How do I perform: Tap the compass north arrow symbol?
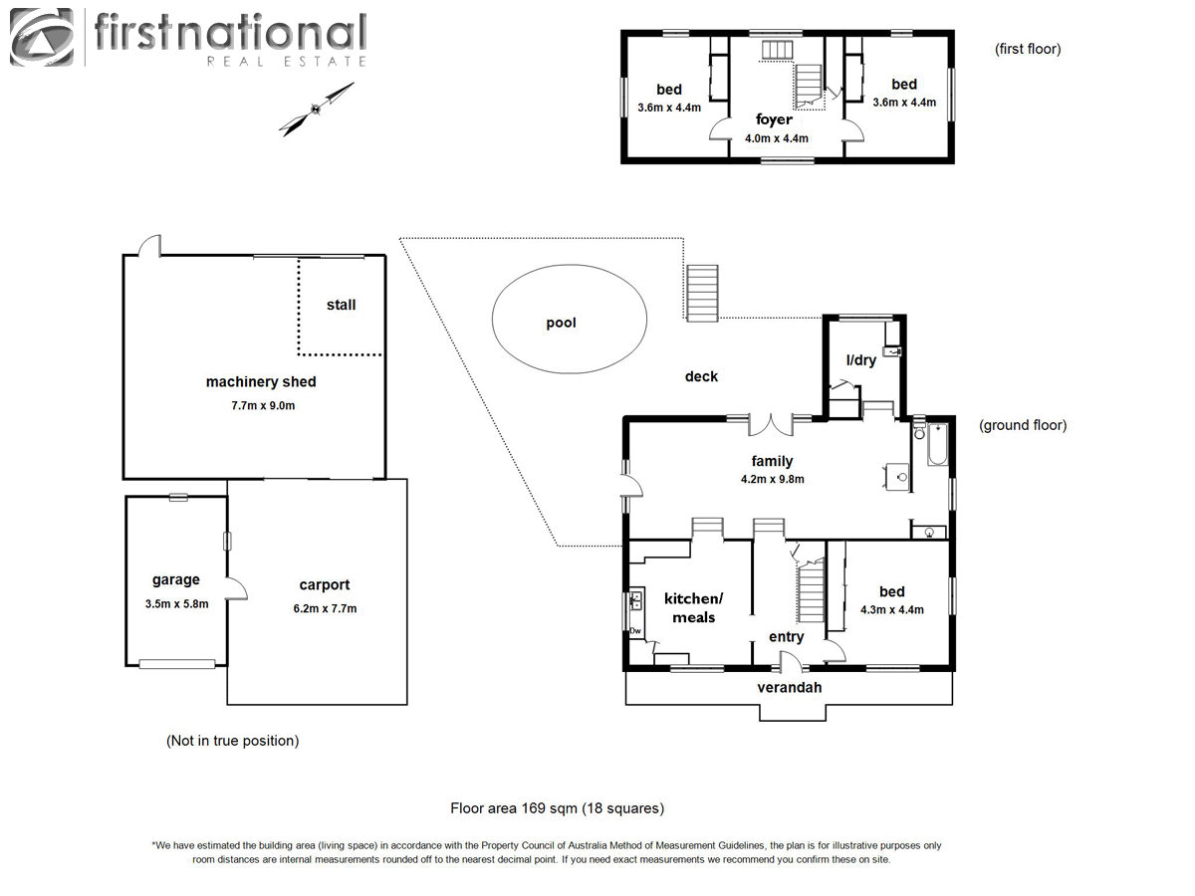point(317,109)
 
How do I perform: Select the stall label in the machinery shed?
point(341,305)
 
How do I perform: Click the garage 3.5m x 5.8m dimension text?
point(175,603)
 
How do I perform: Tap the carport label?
point(325,585)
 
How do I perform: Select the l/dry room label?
point(860,360)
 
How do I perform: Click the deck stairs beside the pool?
point(702,293)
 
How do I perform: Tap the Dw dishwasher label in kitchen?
point(635,630)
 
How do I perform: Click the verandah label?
point(790,687)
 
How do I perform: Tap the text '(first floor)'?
point(1028,49)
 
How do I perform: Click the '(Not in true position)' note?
point(232,741)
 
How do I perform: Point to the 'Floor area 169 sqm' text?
point(557,808)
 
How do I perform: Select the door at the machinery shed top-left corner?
point(149,245)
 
